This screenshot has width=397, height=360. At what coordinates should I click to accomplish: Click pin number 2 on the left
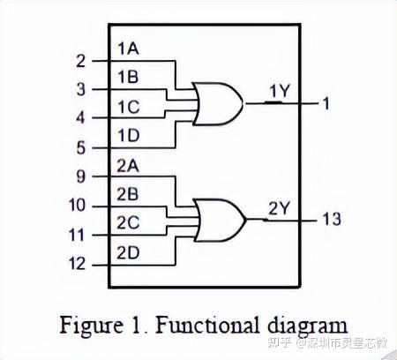[80, 61]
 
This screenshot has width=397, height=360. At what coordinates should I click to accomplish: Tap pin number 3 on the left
[80, 89]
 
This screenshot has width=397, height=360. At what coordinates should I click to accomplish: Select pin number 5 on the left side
[80, 147]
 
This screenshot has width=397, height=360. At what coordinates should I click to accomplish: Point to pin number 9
[80, 176]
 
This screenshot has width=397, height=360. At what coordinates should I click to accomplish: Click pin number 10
[77, 206]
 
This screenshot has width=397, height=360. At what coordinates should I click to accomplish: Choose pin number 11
[77, 235]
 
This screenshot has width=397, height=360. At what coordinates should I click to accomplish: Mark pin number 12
[77, 264]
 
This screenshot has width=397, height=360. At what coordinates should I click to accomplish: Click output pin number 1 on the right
[326, 103]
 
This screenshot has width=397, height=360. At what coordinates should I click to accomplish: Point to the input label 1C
[127, 107]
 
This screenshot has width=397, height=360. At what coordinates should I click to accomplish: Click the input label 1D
[127, 136]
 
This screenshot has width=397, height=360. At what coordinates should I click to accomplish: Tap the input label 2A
[127, 165]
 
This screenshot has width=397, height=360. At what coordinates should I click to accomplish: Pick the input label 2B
[127, 194]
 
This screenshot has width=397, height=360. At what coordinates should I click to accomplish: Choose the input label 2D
[127, 252]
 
